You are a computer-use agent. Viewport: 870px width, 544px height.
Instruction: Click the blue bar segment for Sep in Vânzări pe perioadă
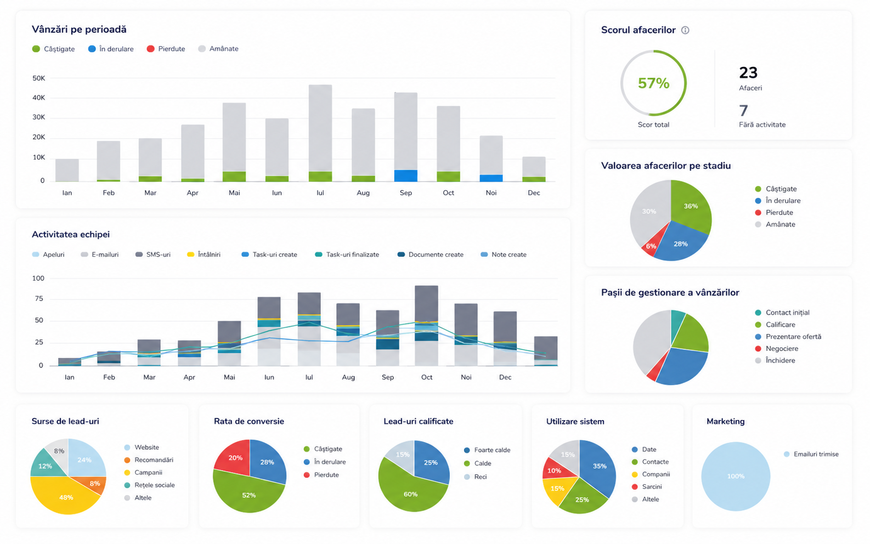[405, 175]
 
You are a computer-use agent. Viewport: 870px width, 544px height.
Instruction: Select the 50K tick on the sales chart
[39, 78]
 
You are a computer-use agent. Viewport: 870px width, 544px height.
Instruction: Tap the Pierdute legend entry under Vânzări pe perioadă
[166, 49]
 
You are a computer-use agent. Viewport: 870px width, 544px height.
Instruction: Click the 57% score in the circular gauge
[654, 83]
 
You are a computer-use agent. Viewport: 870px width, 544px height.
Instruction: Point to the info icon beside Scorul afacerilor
[685, 30]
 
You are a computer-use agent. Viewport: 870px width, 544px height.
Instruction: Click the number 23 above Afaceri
[748, 72]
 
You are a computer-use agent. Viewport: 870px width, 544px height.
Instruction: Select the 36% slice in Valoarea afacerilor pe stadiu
[691, 206]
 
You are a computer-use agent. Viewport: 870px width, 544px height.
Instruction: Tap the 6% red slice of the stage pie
[651, 245]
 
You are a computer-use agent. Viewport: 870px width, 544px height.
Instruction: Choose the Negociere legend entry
[775, 348]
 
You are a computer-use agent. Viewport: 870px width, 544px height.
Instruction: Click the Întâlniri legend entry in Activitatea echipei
[204, 254]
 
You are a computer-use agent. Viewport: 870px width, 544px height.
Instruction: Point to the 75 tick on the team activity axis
[39, 299]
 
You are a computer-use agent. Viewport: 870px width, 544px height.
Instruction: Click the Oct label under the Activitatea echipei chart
[426, 377]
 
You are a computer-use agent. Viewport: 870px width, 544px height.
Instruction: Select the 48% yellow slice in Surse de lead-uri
[65, 496]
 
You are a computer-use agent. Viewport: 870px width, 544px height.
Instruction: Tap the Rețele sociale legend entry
[150, 485]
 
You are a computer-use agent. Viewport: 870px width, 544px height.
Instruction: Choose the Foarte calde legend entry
[487, 450]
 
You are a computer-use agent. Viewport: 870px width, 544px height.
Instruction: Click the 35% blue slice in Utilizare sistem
[599, 466]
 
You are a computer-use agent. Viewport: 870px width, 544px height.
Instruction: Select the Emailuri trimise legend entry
[811, 454]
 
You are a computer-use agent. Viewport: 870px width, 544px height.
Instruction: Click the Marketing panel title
[726, 421]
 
